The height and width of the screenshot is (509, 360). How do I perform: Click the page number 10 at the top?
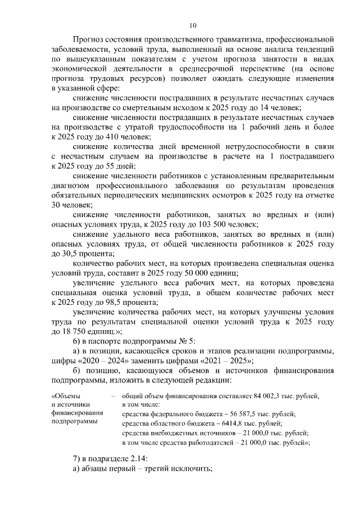point(192,25)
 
